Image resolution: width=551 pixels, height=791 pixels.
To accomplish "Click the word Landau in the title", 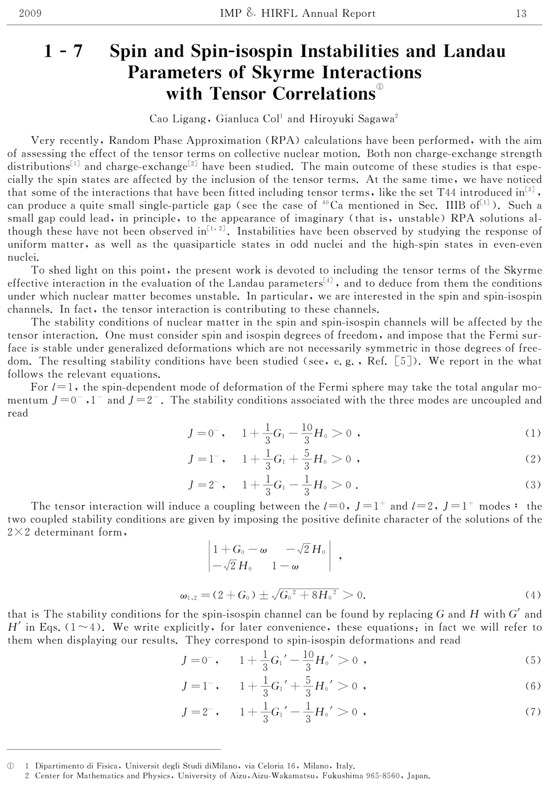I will (x=474, y=52).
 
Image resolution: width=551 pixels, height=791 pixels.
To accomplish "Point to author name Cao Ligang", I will (x=179, y=119).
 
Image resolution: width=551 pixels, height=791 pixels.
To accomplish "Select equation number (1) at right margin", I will (x=532, y=433).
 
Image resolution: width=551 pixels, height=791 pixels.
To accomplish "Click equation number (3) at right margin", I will (x=532, y=485).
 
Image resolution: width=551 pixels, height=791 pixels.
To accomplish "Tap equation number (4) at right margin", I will (x=532, y=595).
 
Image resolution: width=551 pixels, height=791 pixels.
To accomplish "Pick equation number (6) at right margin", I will (x=532, y=686).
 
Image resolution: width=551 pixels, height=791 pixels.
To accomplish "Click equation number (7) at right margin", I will (x=532, y=712).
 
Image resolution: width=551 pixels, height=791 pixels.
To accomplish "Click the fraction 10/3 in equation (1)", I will (x=307, y=433).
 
